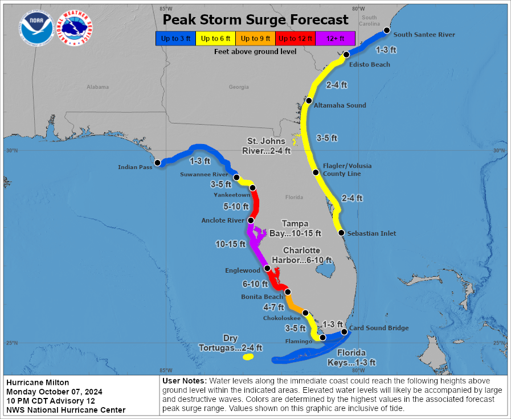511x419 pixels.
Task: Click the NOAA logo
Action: [x=36, y=28]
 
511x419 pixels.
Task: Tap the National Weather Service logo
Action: [x=76, y=28]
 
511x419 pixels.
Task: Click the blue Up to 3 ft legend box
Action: [x=175, y=38]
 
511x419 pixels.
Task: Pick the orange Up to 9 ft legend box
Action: [x=255, y=38]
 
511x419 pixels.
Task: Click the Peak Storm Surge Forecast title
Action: [x=255, y=20]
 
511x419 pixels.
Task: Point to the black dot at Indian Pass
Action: [x=158, y=163]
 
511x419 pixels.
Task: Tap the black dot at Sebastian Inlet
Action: [x=341, y=233]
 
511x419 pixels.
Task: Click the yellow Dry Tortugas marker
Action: [x=247, y=358]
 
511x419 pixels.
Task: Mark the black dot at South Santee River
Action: [x=386, y=30]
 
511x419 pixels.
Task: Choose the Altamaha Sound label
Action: [x=340, y=105]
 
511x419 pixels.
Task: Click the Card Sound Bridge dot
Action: [x=344, y=332]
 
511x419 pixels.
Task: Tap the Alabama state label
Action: [x=97, y=87]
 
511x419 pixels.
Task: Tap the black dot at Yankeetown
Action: [x=252, y=188]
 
